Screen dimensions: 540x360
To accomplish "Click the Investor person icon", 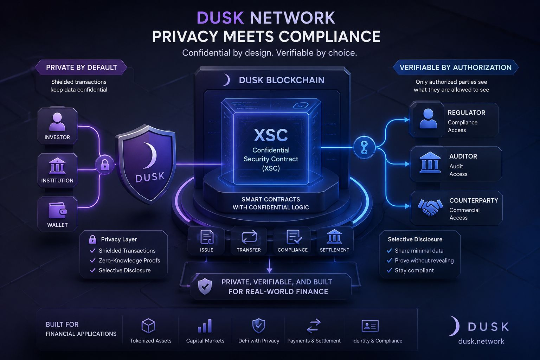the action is click(57, 122).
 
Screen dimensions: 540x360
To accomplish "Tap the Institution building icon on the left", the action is click(57, 166).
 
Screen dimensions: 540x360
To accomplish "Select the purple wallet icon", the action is click(58, 210).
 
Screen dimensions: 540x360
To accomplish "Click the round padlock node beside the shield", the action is click(105, 165).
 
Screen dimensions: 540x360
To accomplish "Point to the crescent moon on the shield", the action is click(150, 155).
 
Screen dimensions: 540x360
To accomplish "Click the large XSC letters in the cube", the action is click(271, 135).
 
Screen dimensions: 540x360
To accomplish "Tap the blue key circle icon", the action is click(364, 147).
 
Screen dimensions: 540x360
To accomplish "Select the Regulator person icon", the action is click(428, 118).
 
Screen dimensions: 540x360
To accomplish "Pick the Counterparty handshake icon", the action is click(430, 207).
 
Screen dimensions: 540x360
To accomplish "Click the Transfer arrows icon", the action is click(249, 237).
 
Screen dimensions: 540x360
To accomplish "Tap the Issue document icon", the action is click(207, 237).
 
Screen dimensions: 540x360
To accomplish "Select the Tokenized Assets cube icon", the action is click(148, 326).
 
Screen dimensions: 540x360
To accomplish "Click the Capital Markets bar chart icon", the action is click(205, 326).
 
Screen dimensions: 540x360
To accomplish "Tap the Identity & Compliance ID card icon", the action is click(370, 326).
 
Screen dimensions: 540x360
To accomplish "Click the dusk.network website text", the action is click(481, 341).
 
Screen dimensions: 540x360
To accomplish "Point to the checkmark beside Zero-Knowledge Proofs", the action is click(92, 261).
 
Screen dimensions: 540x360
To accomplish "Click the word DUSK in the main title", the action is click(220, 18).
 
